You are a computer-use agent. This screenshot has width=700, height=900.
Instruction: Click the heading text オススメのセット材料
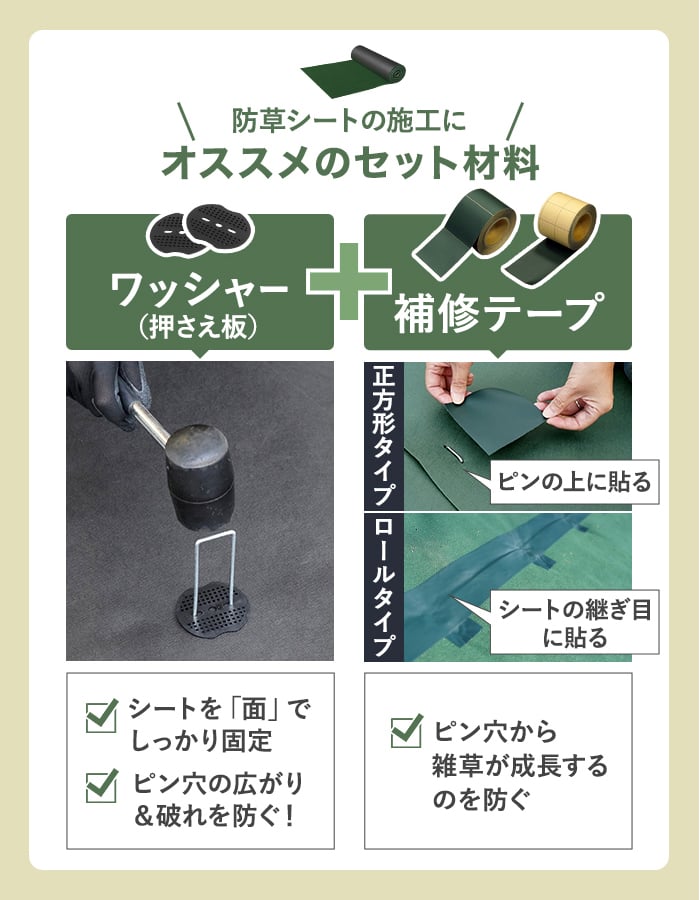pos(350,163)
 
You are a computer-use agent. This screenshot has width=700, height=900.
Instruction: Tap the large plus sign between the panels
pos(349,281)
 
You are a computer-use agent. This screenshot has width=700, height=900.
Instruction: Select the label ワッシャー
pos(199,290)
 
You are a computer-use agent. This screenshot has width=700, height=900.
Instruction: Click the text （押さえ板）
pos(199,327)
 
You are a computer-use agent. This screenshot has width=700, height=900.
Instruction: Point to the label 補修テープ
pos(499,313)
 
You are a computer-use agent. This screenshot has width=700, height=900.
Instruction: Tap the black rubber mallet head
pos(201,476)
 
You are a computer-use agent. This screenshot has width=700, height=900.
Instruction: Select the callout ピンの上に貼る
pos(574,482)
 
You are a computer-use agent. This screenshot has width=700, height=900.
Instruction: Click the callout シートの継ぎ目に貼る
pos(574,622)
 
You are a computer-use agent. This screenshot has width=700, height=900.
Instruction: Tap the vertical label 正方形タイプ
pos(384,436)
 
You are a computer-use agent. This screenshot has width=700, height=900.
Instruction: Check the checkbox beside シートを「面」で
pos(102,715)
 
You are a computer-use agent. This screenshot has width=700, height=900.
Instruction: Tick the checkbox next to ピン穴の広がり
pos(102,786)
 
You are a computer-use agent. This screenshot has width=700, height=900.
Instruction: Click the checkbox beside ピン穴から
pos(407,731)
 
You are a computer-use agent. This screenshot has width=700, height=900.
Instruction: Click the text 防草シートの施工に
pos(349,120)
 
